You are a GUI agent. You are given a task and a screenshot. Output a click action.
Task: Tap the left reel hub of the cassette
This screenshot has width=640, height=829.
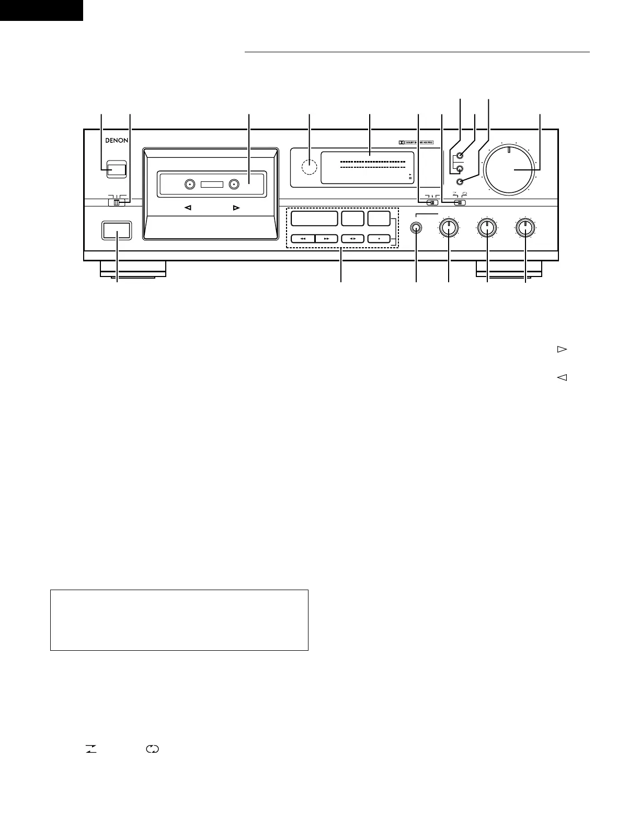tap(190, 184)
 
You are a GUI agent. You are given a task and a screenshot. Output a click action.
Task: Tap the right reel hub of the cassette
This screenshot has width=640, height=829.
tap(233, 184)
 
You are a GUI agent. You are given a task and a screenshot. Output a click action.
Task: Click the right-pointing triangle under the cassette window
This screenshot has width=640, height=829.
tap(236, 208)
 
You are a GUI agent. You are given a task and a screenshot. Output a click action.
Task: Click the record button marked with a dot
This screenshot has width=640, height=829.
tap(379, 238)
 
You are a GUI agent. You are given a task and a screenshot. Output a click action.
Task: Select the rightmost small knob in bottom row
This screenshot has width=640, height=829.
tap(525, 227)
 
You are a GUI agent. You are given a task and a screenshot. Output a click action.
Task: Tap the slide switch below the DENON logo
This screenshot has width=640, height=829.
tap(117, 203)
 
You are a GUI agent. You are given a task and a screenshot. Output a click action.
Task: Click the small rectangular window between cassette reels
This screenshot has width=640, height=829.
tap(211, 184)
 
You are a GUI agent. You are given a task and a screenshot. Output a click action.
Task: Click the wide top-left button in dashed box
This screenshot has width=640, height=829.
tap(314, 218)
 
